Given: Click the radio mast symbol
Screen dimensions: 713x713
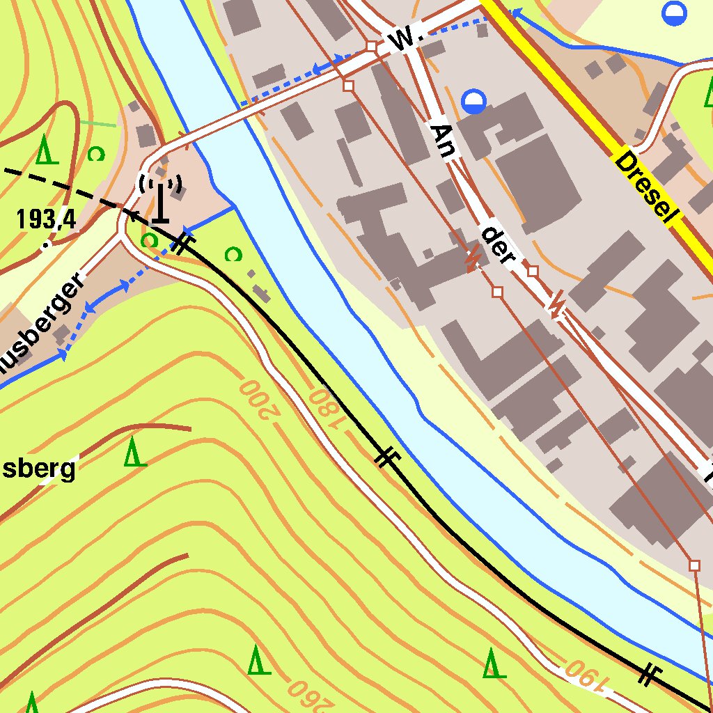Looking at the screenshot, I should [161, 199].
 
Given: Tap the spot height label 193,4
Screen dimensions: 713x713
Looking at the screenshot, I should [47, 220].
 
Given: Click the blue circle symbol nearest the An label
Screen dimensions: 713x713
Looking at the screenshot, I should [474, 102].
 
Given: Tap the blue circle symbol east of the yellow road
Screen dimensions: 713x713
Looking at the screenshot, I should [674, 13].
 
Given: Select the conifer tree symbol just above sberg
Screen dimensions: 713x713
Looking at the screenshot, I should [135, 452].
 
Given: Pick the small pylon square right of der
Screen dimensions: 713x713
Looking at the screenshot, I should [533, 270].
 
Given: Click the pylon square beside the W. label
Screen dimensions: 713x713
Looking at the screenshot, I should [371, 46].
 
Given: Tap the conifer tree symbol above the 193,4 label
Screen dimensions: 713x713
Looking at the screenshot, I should [45, 148].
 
